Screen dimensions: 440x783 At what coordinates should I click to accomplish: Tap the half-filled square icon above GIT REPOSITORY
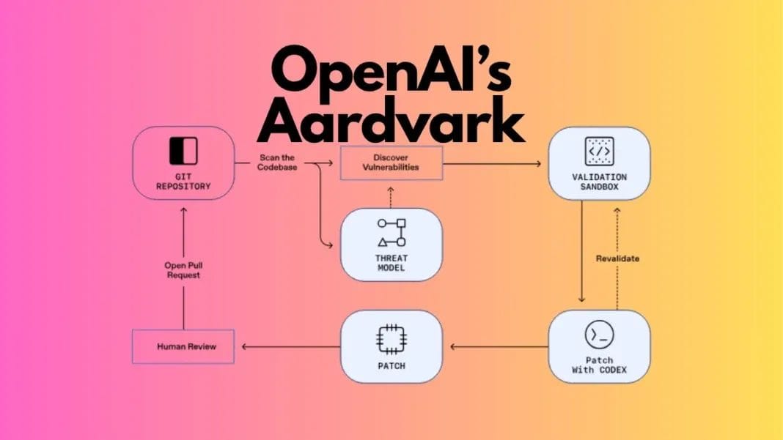tap(183, 150)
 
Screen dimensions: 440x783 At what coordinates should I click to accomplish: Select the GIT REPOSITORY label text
tap(183, 182)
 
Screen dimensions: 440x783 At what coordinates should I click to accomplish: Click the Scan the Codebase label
tap(276, 163)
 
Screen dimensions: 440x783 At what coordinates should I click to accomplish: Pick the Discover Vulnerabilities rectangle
tap(391, 163)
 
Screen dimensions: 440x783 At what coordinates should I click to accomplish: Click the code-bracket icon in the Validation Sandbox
tap(599, 151)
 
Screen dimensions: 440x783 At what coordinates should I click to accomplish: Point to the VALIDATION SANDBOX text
tap(599, 182)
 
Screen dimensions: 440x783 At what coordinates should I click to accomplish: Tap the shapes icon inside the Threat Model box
tap(391, 232)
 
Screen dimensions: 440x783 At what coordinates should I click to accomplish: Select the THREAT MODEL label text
tap(391, 263)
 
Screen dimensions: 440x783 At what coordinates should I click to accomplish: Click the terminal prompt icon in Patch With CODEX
tap(599, 335)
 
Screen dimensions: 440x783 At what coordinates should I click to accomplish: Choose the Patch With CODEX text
tap(599, 365)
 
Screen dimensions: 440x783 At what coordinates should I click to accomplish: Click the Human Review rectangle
tap(183, 347)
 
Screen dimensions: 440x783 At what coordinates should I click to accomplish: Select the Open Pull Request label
tap(183, 270)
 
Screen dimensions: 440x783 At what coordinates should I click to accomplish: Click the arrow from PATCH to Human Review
tap(290, 347)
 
